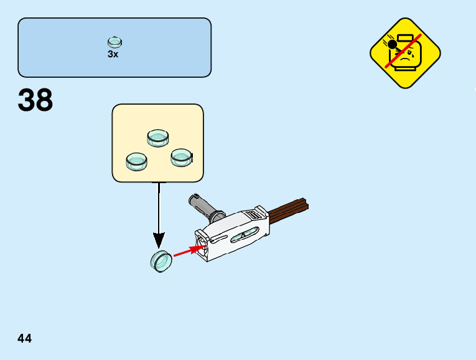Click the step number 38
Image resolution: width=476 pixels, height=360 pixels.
(x=35, y=100)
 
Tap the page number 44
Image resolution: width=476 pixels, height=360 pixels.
(x=25, y=338)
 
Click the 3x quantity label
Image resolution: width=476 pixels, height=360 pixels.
(x=113, y=54)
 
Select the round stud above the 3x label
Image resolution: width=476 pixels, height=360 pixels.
(x=114, y=42)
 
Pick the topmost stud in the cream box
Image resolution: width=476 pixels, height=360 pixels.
(x=158, y=138)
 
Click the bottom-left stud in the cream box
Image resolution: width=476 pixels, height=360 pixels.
(x=136, y=161)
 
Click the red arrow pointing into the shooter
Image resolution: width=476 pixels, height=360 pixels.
(x=189, y=250)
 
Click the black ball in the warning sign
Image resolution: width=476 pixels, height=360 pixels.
(x=392, y=44)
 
